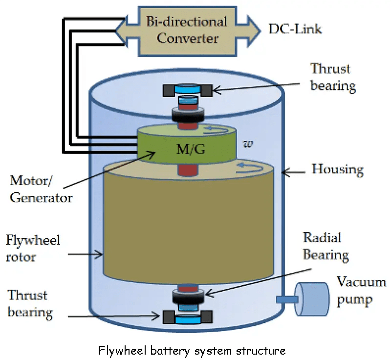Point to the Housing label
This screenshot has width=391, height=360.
click(x=338, y=170)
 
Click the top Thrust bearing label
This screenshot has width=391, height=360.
click(x=333, y=77)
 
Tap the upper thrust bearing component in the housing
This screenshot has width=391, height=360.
click(x=187, y=90)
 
